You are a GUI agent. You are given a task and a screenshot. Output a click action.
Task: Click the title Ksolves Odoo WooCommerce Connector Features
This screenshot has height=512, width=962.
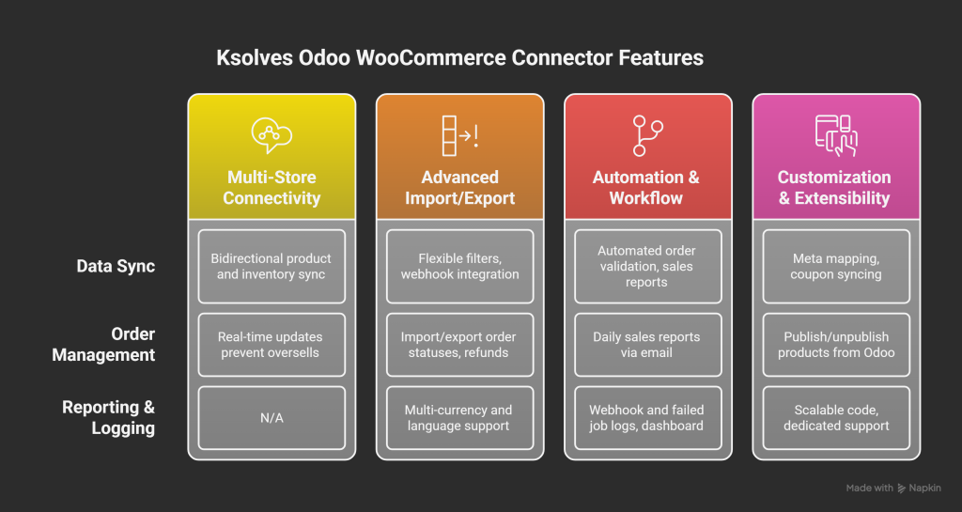460,58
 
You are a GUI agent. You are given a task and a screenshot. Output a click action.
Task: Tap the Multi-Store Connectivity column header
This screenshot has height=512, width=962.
272,188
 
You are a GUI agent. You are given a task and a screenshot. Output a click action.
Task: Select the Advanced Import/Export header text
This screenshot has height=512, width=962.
459,188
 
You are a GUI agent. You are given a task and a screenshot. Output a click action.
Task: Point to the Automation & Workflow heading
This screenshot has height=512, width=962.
647,188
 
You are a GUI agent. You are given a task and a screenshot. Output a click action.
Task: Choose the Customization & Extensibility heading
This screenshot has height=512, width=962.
834,188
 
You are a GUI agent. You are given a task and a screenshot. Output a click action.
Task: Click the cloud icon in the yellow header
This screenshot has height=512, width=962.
272,135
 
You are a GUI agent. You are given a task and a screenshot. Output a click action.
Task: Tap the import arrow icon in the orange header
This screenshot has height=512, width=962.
459,135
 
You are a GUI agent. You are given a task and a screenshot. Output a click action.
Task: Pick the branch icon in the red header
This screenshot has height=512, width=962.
647,135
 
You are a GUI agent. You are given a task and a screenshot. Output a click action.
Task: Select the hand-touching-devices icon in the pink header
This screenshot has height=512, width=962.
834,135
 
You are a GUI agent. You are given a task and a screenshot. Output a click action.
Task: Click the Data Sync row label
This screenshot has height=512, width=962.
116,267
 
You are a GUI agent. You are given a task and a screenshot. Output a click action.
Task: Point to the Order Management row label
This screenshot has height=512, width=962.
103,345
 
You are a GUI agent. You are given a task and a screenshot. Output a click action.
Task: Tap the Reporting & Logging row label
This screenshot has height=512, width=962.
108,418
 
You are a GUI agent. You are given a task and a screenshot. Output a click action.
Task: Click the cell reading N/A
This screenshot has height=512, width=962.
272,418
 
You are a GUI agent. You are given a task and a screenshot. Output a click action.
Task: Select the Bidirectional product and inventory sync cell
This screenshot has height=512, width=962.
272,267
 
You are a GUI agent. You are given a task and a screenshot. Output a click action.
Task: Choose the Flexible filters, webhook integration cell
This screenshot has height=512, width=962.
459,267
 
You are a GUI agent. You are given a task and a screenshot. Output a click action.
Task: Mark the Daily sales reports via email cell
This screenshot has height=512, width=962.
647,345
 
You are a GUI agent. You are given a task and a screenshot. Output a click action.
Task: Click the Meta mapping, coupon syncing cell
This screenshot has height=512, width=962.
835,267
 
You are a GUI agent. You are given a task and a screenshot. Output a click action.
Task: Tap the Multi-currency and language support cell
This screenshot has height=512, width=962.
459,418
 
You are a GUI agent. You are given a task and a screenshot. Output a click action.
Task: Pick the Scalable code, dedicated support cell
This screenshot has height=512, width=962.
835,418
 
